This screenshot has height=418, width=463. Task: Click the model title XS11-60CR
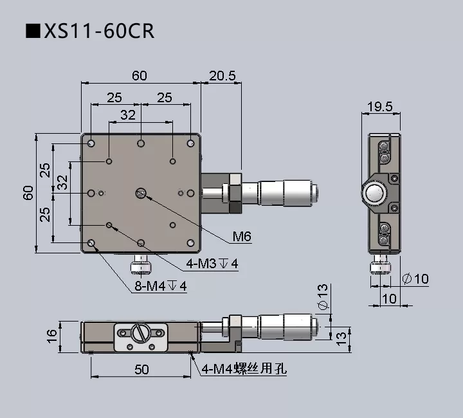pyautogui.click(x=90, y=30)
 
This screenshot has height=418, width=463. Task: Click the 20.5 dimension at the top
pyautogui.click(x=222, y=76)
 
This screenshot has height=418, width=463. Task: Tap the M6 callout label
pyautogui.click(x=241, y=237)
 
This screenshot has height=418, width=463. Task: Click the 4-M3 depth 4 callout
pyautogui.click(x=212, y=264)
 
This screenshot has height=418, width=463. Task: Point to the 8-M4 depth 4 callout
pyautogui.click(x=160, y=287)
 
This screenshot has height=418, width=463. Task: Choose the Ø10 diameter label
pyautogui.click(x=415, y=279)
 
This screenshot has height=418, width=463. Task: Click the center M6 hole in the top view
pyautogui.click(x=141, y=193)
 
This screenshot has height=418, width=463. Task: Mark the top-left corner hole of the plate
pyautogui.click(x=92, y=143)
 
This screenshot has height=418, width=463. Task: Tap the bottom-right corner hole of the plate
pyautogui.click(x=190, y=242)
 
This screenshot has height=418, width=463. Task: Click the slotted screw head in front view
pyautogui.click(x=141, y=334)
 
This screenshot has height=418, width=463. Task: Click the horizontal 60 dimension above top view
pyautogui.click(x=140, y=76)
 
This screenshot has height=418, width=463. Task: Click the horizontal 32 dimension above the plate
pyautogui.click(x=128, y=115)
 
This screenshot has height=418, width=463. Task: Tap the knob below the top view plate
pyautogui.click(x=140, y=264)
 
